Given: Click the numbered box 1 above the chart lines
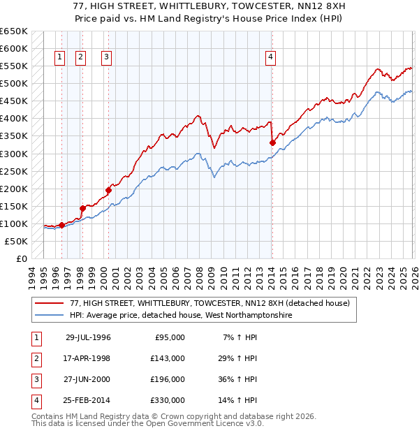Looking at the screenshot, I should tap(59, 58).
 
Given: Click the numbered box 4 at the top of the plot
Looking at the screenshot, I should tap(270, 58).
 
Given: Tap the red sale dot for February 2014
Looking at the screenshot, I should tap(272, 142).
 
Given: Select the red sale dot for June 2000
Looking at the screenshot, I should tap(109, 189).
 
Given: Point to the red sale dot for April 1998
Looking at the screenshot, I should tap(82, 208).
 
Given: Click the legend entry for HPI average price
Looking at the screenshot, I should tap(180, 315).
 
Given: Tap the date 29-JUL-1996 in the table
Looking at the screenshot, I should tap(88, 337).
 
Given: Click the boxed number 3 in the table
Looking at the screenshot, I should tap(36, 379).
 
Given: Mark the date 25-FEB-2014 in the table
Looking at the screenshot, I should tap(88, 400).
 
